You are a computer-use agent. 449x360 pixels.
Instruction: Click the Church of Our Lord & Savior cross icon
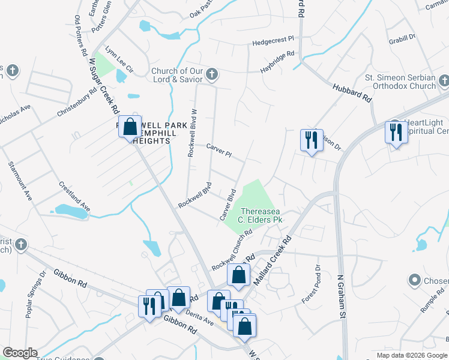coord(211,75)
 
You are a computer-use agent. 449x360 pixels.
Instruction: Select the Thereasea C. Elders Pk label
coord(261,215)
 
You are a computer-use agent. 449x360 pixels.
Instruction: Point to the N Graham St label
coord(343,294)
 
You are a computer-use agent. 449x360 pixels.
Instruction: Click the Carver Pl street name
coord(218,150)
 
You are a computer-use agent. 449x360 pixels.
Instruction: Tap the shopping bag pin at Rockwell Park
coord(130,127)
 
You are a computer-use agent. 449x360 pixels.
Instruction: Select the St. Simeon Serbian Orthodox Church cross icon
coord(444,80)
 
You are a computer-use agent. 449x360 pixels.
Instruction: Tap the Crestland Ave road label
coord(75,196)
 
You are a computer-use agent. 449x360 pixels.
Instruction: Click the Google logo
coord(20,353)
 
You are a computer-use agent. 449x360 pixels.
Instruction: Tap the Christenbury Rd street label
coord(77,104)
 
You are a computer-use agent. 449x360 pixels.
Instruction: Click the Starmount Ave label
coord(20,180)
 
